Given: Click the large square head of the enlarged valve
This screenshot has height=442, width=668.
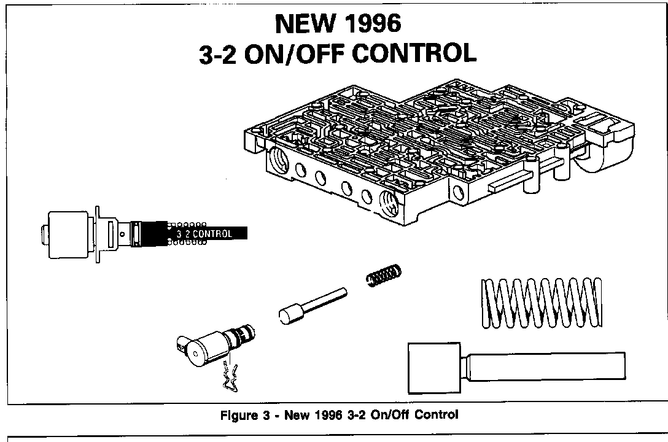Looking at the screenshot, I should tap(433, 368).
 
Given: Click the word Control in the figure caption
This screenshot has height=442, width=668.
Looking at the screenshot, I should tap(436, 415).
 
